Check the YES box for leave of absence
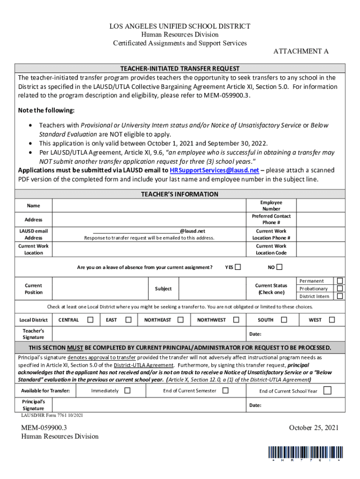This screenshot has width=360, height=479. point(238,268)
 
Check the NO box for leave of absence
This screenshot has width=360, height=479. point(279,268)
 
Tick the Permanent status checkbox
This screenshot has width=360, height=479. point(340,281)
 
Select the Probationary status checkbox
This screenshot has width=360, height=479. point(340,288)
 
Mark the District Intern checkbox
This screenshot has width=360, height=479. point(340,296)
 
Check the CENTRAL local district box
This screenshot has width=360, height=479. point(91,320)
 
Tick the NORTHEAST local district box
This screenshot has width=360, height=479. point(180,320)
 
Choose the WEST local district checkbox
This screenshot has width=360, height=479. point(332,320)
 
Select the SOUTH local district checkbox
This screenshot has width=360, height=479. point(283,320)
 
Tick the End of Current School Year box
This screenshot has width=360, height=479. point(327,391)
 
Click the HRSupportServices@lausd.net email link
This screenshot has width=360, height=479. point(214,170)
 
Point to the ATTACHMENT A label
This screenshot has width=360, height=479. point(297,51)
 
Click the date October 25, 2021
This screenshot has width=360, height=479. point(313,428)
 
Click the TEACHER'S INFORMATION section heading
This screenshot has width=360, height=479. point(180,194)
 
